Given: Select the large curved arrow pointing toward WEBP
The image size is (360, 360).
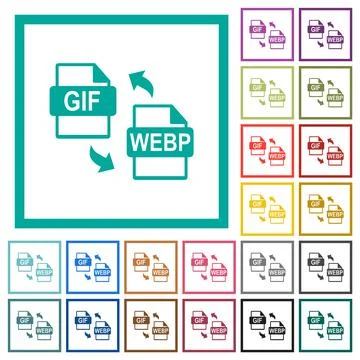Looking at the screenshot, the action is tap(97, 156).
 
